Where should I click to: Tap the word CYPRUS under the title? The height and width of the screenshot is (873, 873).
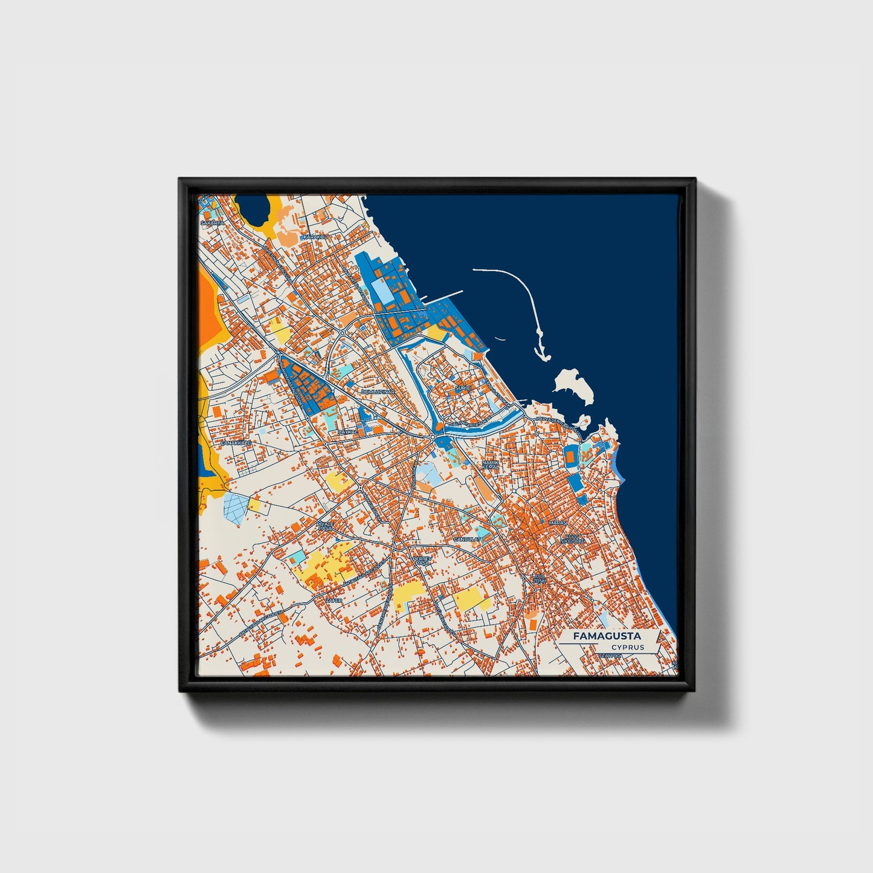click(x=627, y=647)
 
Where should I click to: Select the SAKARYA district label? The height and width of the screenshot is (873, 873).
click(x=212, y=223)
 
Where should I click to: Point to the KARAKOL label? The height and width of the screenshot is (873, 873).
click(x=315, y=237)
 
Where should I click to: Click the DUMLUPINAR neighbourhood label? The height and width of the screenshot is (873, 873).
click(x=378, y=391)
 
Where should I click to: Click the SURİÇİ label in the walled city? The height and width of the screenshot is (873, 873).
click(x=463, y=387)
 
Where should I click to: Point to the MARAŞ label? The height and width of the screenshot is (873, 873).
click(x=556, y=522)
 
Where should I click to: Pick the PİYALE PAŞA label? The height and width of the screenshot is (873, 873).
click(x=325, y=526)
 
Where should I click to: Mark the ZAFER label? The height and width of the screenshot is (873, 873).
click(x=334, y=601)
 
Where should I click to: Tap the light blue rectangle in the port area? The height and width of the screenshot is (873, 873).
click(x=382, y=292)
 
